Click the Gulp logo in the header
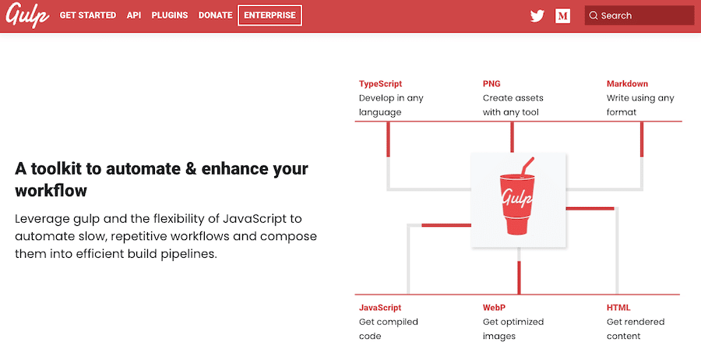[x=27, y=16]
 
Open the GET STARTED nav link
[x=88, y=16]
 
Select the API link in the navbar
[x=134, y=16]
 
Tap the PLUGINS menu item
[x=170, y=16]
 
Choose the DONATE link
[x=216, y=16]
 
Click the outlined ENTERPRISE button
[x=269, y=16]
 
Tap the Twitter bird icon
[x=537, y=16]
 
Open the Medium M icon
[x=563, y=16]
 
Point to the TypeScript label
[x=380, y=84]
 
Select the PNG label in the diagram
[x=491, y=84]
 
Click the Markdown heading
[x=627, y=84]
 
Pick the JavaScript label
[x=380, y=308]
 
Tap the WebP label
[x=494, y=308]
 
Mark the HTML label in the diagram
[x=618, y=308]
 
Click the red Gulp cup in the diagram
[x=517, y=203]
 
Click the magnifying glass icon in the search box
[x=594, y=16]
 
